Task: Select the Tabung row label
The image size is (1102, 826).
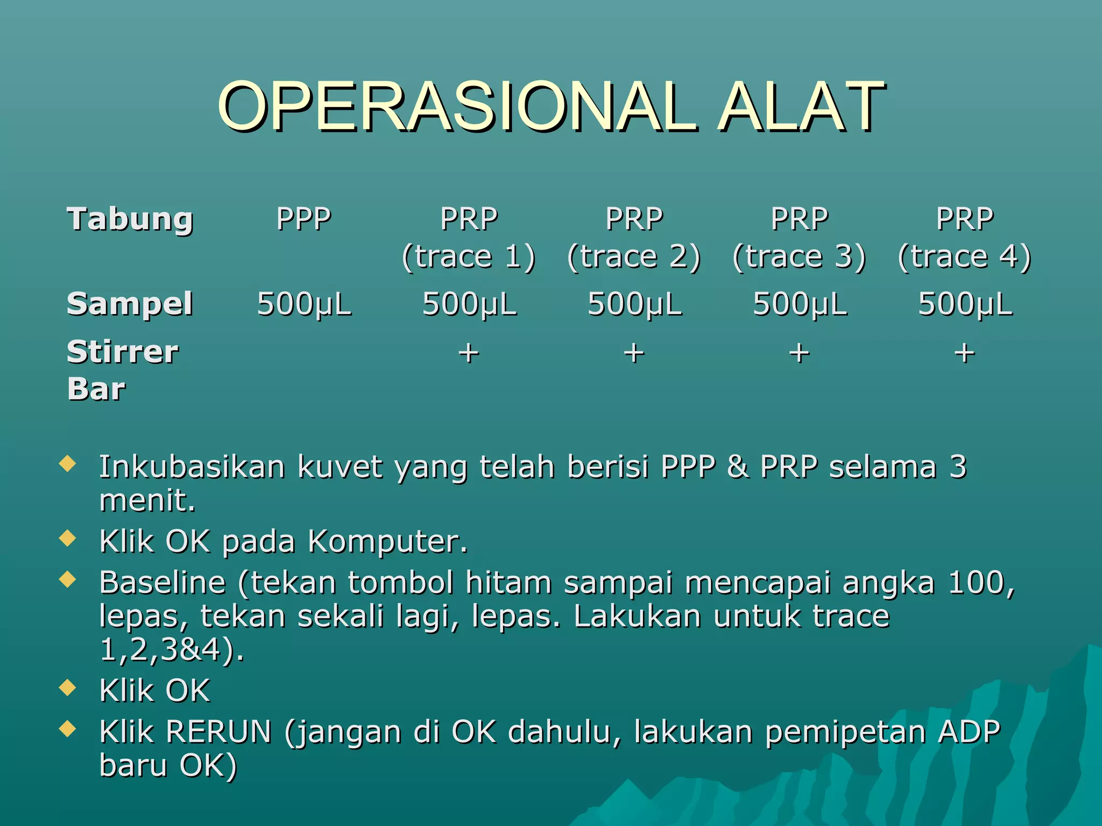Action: (x=130, y=219)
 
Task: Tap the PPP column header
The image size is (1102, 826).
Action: (x=303, y=219)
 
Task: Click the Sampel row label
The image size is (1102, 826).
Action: (x=130, y=304)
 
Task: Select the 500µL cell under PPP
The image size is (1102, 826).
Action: (x=304, y=304)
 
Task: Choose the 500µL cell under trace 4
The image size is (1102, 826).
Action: (x=965, y=304)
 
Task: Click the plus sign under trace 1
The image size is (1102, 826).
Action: (x=469, y=353)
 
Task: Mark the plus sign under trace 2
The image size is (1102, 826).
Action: (x=634, y=353)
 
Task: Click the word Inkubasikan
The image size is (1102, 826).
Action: (x=192, y=466)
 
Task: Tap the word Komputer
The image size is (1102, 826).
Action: (x=387, y=541)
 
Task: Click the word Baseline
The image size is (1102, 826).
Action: (x=162, y=582)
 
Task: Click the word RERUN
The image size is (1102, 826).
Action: (x=218, y=732)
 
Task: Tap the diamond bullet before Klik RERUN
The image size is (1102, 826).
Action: (x=67, y=729)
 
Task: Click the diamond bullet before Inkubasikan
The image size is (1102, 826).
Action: (x=67, y=464)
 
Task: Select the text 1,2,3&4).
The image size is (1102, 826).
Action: (x=172, y=650)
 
